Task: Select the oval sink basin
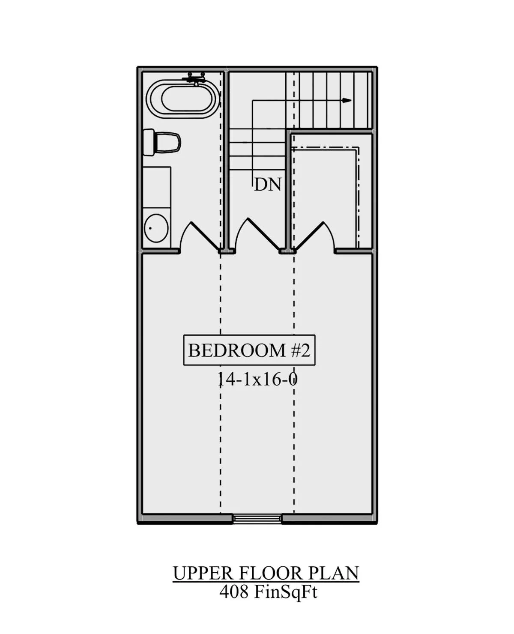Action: [156, 228]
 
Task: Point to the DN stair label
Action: [268, 185]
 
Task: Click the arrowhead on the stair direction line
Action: [347, 100]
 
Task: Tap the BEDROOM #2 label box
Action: [249, 350]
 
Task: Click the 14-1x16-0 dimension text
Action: [258, 380]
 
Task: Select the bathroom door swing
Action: [201, 236]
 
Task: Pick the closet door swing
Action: [314, 236]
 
